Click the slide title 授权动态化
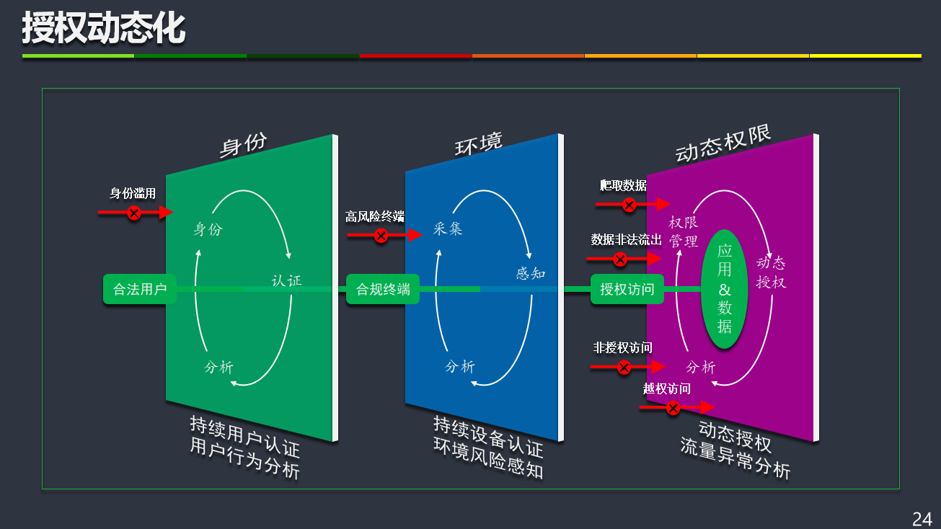[x=103, y=29]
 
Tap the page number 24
[x=922, y=519]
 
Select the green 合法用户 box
[x=140, y=289]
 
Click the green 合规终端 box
[x=383, y=289]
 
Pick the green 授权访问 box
[x=627, y=289]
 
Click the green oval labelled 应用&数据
[x=725, y=289]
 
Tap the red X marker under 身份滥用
[x=134, y=213]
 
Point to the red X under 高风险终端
[x=381, y=236]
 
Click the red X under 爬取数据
[x=629, y=205]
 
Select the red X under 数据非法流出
[x=620, y=259]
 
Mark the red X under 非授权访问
[x=624, y=368]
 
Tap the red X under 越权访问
[x=673, y=409]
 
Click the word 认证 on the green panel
[x=286, y=280]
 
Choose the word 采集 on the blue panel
[x=448, y=229]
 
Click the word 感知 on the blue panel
[x=531, y=274]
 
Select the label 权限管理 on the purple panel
[x=684, y=231]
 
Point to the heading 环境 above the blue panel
[x=478, y=144]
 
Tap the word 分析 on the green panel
[x=219, y=368]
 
